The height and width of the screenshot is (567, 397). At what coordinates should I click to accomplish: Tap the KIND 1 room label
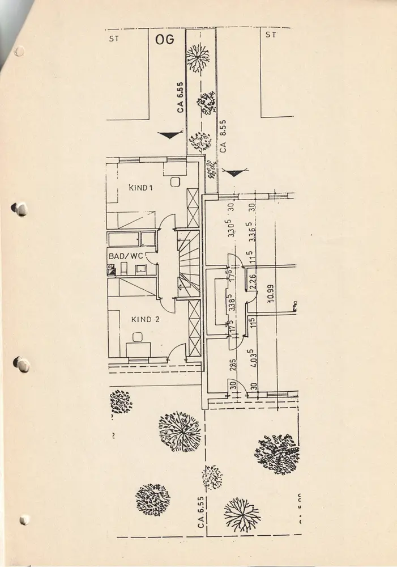click(141, 188)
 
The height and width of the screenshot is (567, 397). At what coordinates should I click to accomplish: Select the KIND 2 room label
click(146, 319)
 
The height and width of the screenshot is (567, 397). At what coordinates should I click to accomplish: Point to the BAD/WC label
click(125, 256)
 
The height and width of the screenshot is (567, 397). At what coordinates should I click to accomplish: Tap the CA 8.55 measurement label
click(223, 136)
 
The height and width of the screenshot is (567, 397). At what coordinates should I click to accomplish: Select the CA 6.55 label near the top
click(180, 97)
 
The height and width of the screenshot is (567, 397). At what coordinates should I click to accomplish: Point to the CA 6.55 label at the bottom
click(201, 512)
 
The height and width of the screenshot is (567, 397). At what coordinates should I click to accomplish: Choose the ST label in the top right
click(270, 35)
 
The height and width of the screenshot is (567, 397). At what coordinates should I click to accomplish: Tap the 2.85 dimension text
click(232, 365)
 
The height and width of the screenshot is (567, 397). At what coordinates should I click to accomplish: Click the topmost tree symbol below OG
click(198, 57)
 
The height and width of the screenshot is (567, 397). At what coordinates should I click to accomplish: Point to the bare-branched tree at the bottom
click(242, 514)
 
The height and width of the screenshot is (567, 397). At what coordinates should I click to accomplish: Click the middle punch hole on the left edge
click(21, 364)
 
